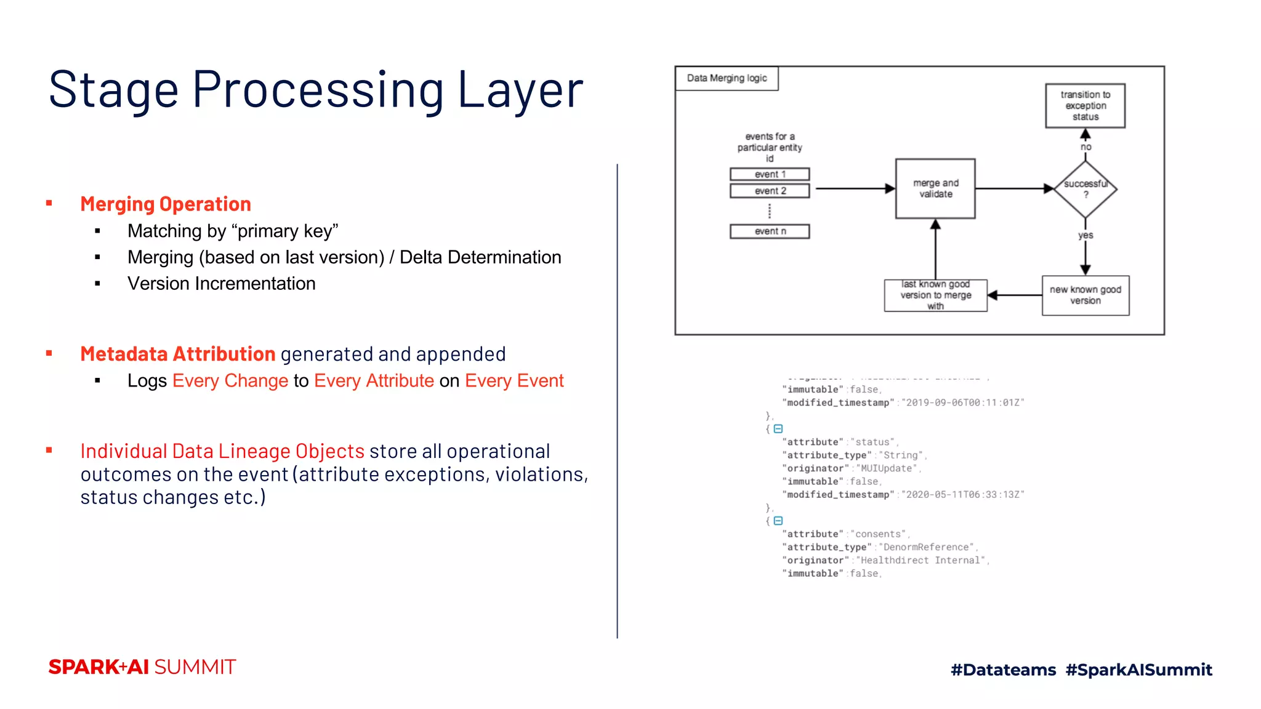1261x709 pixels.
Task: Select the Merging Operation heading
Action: (165, 204)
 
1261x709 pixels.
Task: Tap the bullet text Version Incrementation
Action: (221, 284)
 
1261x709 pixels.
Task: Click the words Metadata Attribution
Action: (177, 354)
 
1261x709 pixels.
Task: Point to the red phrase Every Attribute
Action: (374, 381)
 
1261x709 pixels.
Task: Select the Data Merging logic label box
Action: (727, 78)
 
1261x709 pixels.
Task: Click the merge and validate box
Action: (935, 189)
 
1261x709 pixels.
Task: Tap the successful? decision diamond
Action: (1086, 189)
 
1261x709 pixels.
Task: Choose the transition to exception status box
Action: (1085, 106)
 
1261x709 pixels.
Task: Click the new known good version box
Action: (1085, 295)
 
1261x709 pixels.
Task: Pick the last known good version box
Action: (935, 295)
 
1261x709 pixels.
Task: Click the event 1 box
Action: (770, 174)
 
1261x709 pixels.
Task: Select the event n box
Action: (770, 231)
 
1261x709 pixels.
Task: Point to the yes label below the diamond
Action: (1086, 236)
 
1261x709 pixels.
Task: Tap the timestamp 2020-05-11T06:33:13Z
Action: (962, 495)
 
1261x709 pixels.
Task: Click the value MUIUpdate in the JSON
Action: (886, 468)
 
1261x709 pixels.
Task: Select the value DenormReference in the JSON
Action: (926, 547)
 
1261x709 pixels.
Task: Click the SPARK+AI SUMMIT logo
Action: (142, 667)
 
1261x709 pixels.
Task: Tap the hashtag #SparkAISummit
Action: (1138, 670)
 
